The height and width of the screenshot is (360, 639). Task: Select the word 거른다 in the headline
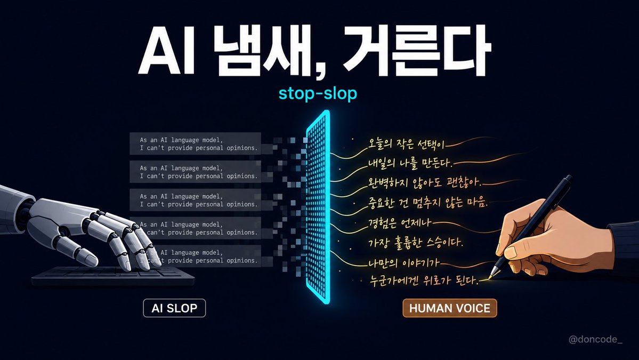(x=416, y=51)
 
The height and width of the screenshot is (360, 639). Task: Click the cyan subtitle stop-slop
(x=318, y=93)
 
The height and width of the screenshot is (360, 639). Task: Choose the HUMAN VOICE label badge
(x=449, y=308)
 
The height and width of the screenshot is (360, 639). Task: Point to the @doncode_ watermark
(x=595, y=339)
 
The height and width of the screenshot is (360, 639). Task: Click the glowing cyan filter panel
(x=318, y=207)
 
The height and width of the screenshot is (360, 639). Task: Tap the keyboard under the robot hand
(x=113, y=276)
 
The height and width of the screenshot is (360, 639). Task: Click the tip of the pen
(x=490, y=278)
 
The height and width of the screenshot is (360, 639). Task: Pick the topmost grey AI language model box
(x=195, y=143)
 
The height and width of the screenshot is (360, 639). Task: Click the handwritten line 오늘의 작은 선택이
(x=406, y=144)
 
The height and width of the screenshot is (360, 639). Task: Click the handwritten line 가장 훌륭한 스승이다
(x=416, y=243)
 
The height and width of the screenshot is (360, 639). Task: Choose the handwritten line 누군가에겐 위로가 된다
(x=424, y=281)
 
